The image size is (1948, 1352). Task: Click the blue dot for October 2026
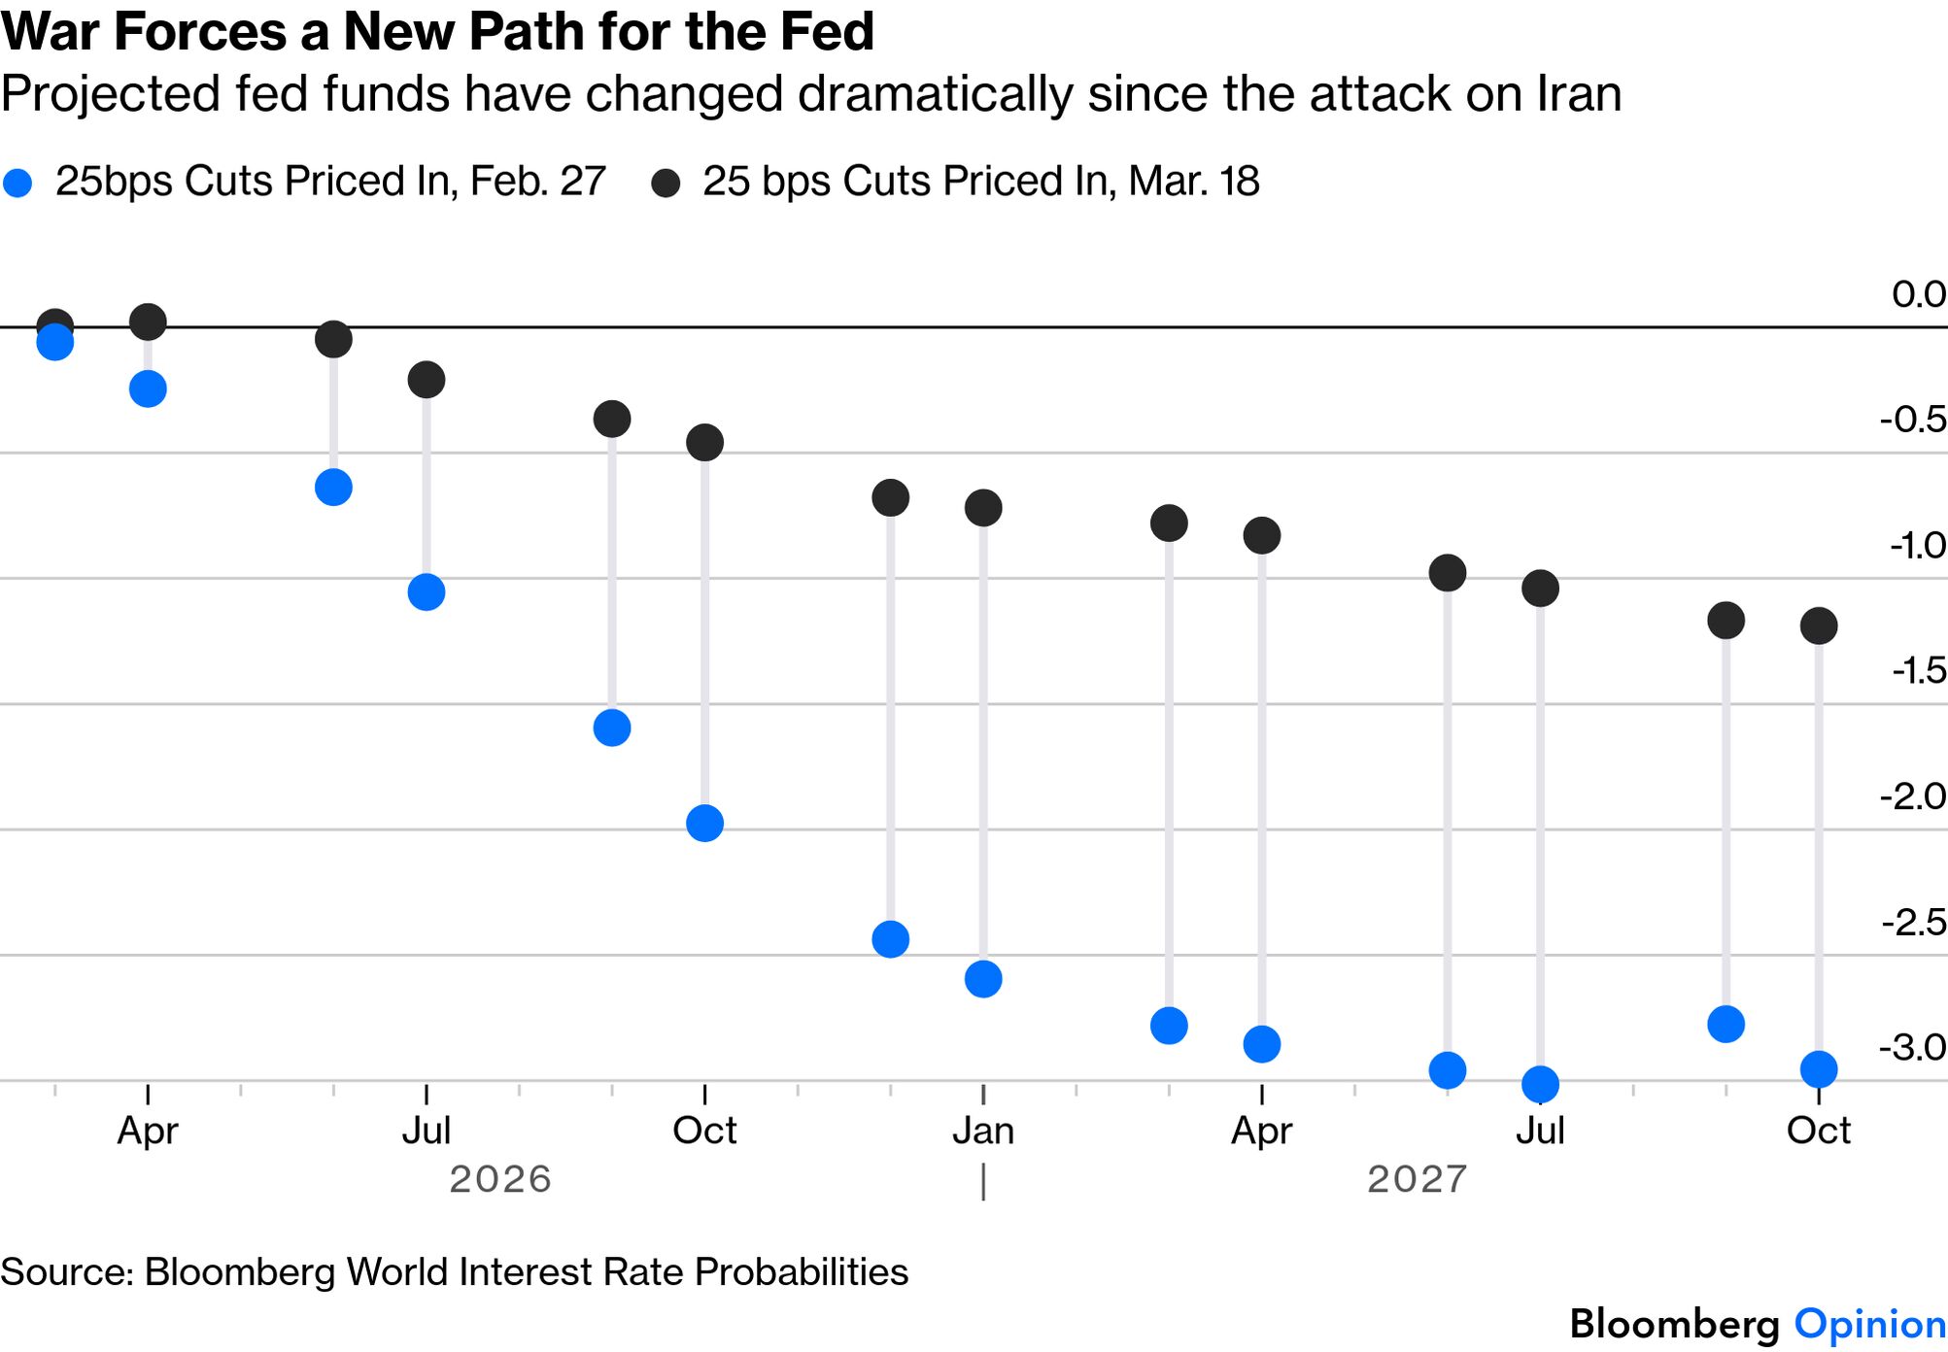(704, 824)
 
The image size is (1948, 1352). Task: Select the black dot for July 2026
(427, 379)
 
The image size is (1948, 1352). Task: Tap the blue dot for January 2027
(983, 979)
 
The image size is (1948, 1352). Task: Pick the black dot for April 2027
(1262, 535)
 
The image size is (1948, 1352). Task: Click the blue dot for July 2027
(1540, 1084)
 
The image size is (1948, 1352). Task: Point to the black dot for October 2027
(1819, 625)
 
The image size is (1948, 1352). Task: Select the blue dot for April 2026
(148, 389)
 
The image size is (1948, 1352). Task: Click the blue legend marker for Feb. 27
(17, 183)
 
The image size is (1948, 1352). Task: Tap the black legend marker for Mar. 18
(666, 183)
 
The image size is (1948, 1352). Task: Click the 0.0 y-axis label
(1918, 294)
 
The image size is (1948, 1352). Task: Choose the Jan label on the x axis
(983, 1131)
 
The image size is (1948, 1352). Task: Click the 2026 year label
(500, 1179)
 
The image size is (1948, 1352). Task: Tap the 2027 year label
(1417, 1179)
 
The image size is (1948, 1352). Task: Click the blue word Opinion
(1869, 1324)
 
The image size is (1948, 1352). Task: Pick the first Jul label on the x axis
(427, 1131)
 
